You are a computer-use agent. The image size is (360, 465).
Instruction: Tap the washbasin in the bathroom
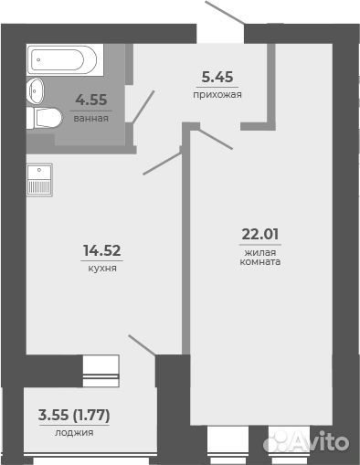click(36, 90)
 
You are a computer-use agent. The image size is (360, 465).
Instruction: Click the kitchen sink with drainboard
click(39, 180)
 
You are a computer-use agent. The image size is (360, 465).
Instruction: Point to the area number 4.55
click(91, 100)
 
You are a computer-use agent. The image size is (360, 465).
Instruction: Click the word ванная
click(91, 119)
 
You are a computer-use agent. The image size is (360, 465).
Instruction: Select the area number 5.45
click(217, 77)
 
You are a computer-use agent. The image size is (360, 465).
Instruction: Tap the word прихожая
click(217, 95)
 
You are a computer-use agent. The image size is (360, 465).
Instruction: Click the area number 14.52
click(102, 250)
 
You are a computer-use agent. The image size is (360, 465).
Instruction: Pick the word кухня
click(102, 269)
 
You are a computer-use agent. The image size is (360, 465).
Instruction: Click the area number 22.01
click(260, 234)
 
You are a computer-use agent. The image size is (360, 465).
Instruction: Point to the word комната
click(260, 262)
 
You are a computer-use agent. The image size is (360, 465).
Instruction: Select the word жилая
click(260, 253)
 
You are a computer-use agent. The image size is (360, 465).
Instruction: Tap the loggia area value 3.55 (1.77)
click(74, 415)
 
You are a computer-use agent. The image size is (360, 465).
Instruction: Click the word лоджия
click(74, 432)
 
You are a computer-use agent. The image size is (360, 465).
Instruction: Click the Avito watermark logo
click(306, 440)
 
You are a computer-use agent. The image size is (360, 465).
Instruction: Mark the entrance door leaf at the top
click(225, 12)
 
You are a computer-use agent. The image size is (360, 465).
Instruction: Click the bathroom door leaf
click(143, 107)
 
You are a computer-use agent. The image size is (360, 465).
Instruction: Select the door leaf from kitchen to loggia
click(143, 345)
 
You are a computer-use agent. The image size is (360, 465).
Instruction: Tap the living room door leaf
click(216, 140)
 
